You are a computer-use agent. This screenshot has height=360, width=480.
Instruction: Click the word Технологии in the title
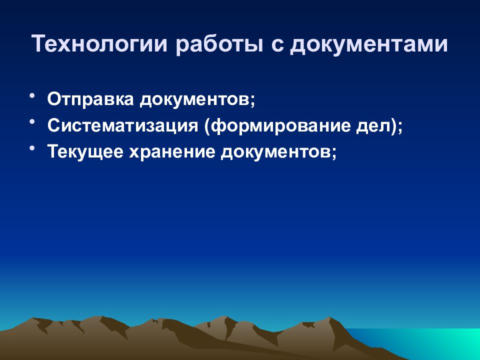point(100,43)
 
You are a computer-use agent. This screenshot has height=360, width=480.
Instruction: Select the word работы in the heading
point(219,44)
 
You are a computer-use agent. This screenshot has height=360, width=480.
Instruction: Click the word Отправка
point(90,99)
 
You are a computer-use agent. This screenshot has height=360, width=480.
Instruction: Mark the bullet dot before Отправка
point(32,95)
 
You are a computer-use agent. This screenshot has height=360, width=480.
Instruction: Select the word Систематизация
point(123,125)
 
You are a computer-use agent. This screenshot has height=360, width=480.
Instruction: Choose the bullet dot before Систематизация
point(32,122)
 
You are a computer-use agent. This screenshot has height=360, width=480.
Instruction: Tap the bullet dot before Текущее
point(32,148)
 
